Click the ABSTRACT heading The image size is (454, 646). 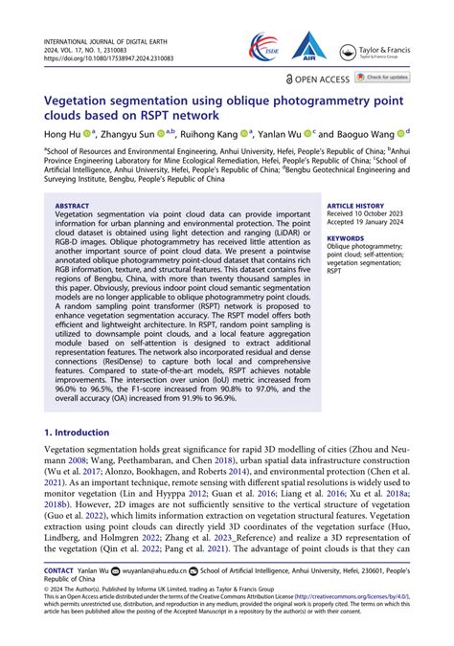72,206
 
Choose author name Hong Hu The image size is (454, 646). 59,134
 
